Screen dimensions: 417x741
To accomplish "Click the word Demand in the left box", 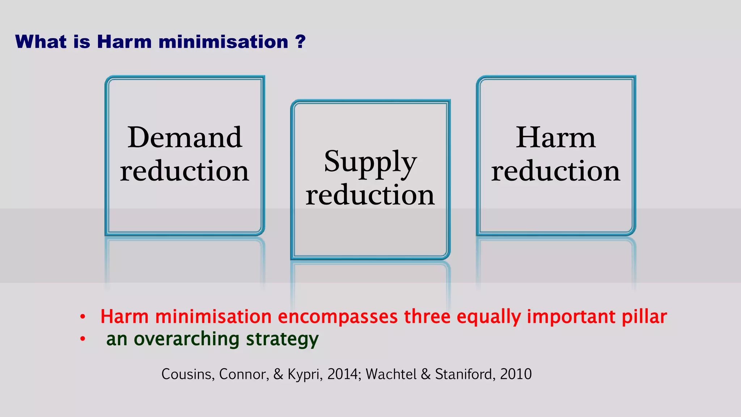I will pyautogui.click(x=185, y=138).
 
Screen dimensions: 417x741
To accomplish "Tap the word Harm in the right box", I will pyautogui.click(x=555, y=138).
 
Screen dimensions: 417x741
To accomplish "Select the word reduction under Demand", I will pyautogui.click(x=185, y=171).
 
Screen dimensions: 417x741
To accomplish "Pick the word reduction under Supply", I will pyautogui.click(x=370, y=195).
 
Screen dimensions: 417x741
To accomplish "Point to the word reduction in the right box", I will pyautogui.click(x=555, y=171).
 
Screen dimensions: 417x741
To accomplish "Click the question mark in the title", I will pyautogui.click(x=300, y=42).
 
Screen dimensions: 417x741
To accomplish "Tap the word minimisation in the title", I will pyautogui.click(x=223, y=42).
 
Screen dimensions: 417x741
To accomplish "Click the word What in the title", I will pyautogui.click(x=41, y=42).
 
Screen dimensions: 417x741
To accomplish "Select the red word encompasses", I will pyautogui.click(x=338, y=317).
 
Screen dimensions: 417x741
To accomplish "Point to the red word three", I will pyautogui.click(x=427, y=317).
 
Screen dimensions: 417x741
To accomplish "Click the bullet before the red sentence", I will pyautogui.click(x=83, y=317).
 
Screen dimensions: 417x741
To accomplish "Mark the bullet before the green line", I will pyautogui.click(x=83, y=339).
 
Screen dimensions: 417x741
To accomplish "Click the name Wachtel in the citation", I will pyautogui.click(x=391, y=374).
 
